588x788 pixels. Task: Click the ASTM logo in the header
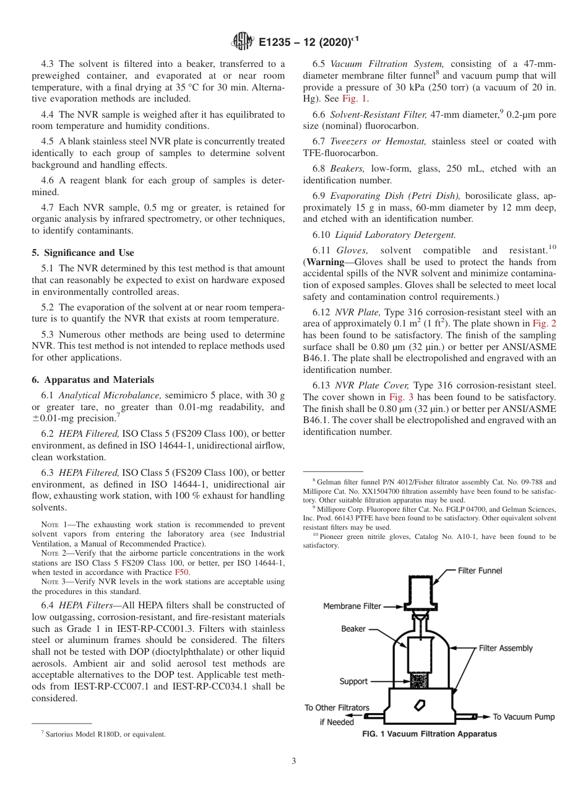pos(243,42)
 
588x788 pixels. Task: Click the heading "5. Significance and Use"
pos(82,252)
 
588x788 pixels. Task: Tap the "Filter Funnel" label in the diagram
pos(480,570)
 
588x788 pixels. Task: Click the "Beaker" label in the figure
pos(353,629)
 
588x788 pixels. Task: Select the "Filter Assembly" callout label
pos(506,648)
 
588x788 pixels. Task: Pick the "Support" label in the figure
pos(353,681)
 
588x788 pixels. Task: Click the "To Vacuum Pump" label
pos(524,717)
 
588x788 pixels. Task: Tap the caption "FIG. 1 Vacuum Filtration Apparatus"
pos(430,734)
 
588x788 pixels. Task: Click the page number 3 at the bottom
pos(293,761)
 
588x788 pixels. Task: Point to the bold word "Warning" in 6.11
pos(326,261)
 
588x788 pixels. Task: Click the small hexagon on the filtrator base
pos(420,705)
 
